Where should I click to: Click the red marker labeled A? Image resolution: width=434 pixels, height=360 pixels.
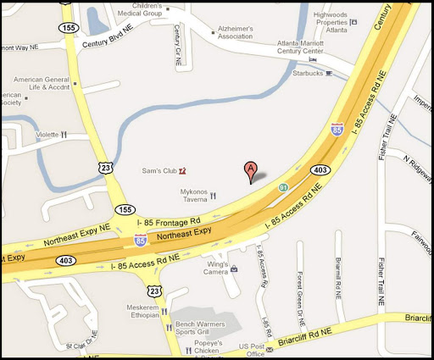[250, 169]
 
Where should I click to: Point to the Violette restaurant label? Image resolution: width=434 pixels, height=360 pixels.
[47, 135]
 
